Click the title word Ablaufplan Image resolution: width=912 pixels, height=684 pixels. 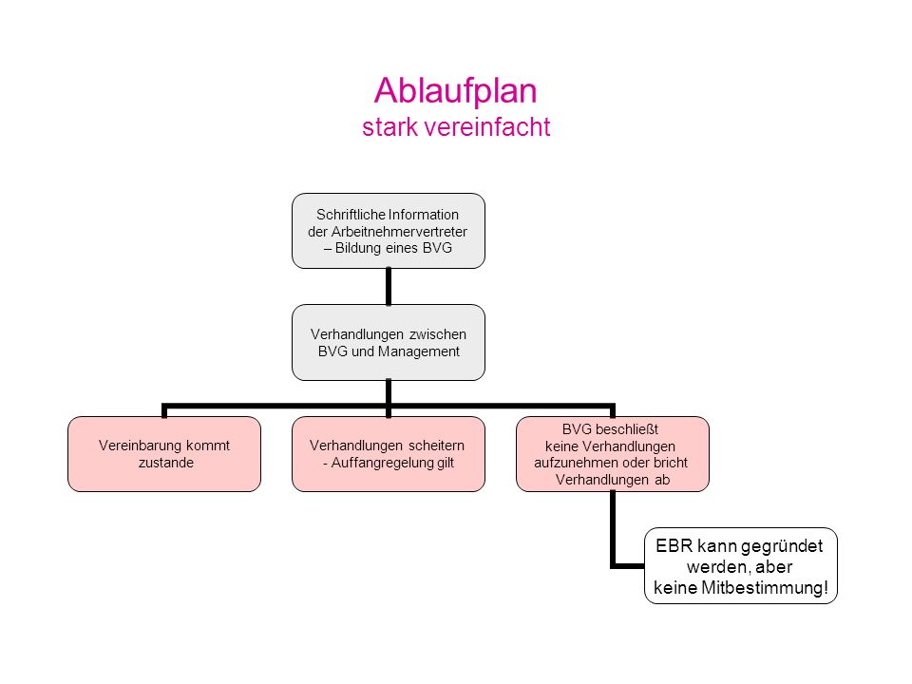[455, 91]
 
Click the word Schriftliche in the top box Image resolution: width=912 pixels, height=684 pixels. [351, 215]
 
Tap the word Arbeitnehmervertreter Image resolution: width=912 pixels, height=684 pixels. [399, 232]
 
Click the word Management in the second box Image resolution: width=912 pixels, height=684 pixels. [419, 351]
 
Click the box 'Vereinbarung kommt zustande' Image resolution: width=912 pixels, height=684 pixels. [164, 454]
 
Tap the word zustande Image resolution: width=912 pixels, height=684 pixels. [165, 463]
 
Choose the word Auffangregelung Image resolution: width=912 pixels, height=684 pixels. [375, 463]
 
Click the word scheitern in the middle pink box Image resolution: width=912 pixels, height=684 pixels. [436, 446]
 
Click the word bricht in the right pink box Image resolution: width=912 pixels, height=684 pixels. [671, 463]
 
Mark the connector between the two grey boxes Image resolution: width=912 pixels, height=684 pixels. [389, 286]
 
